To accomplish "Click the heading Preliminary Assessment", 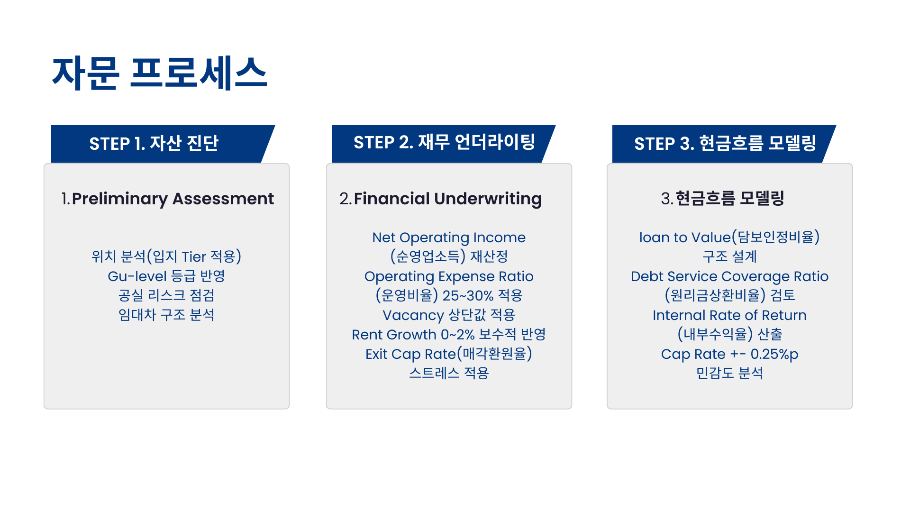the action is [x=173, y=199].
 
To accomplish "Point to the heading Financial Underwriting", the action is [x=448, y=199].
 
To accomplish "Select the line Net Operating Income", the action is [x=449, y=238].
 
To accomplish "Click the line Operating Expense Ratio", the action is [x=449, y=276].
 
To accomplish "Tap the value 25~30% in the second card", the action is [x=468, y=296].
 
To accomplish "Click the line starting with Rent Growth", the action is [x=449, y=335].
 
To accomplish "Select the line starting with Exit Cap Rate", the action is [x=449, y=354].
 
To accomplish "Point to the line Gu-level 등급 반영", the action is [x=166, y=276].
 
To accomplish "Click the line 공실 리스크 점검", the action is [x=166, y=296].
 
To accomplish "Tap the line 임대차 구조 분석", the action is [x=166, y=315].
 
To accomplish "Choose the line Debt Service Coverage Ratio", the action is [x=729, y=276].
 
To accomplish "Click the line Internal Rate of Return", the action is [x=729, y=315].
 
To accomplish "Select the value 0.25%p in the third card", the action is [x=774, y=354].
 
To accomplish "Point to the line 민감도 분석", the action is [x=729, y=374].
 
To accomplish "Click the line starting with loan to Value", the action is [x=729, y=238].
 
